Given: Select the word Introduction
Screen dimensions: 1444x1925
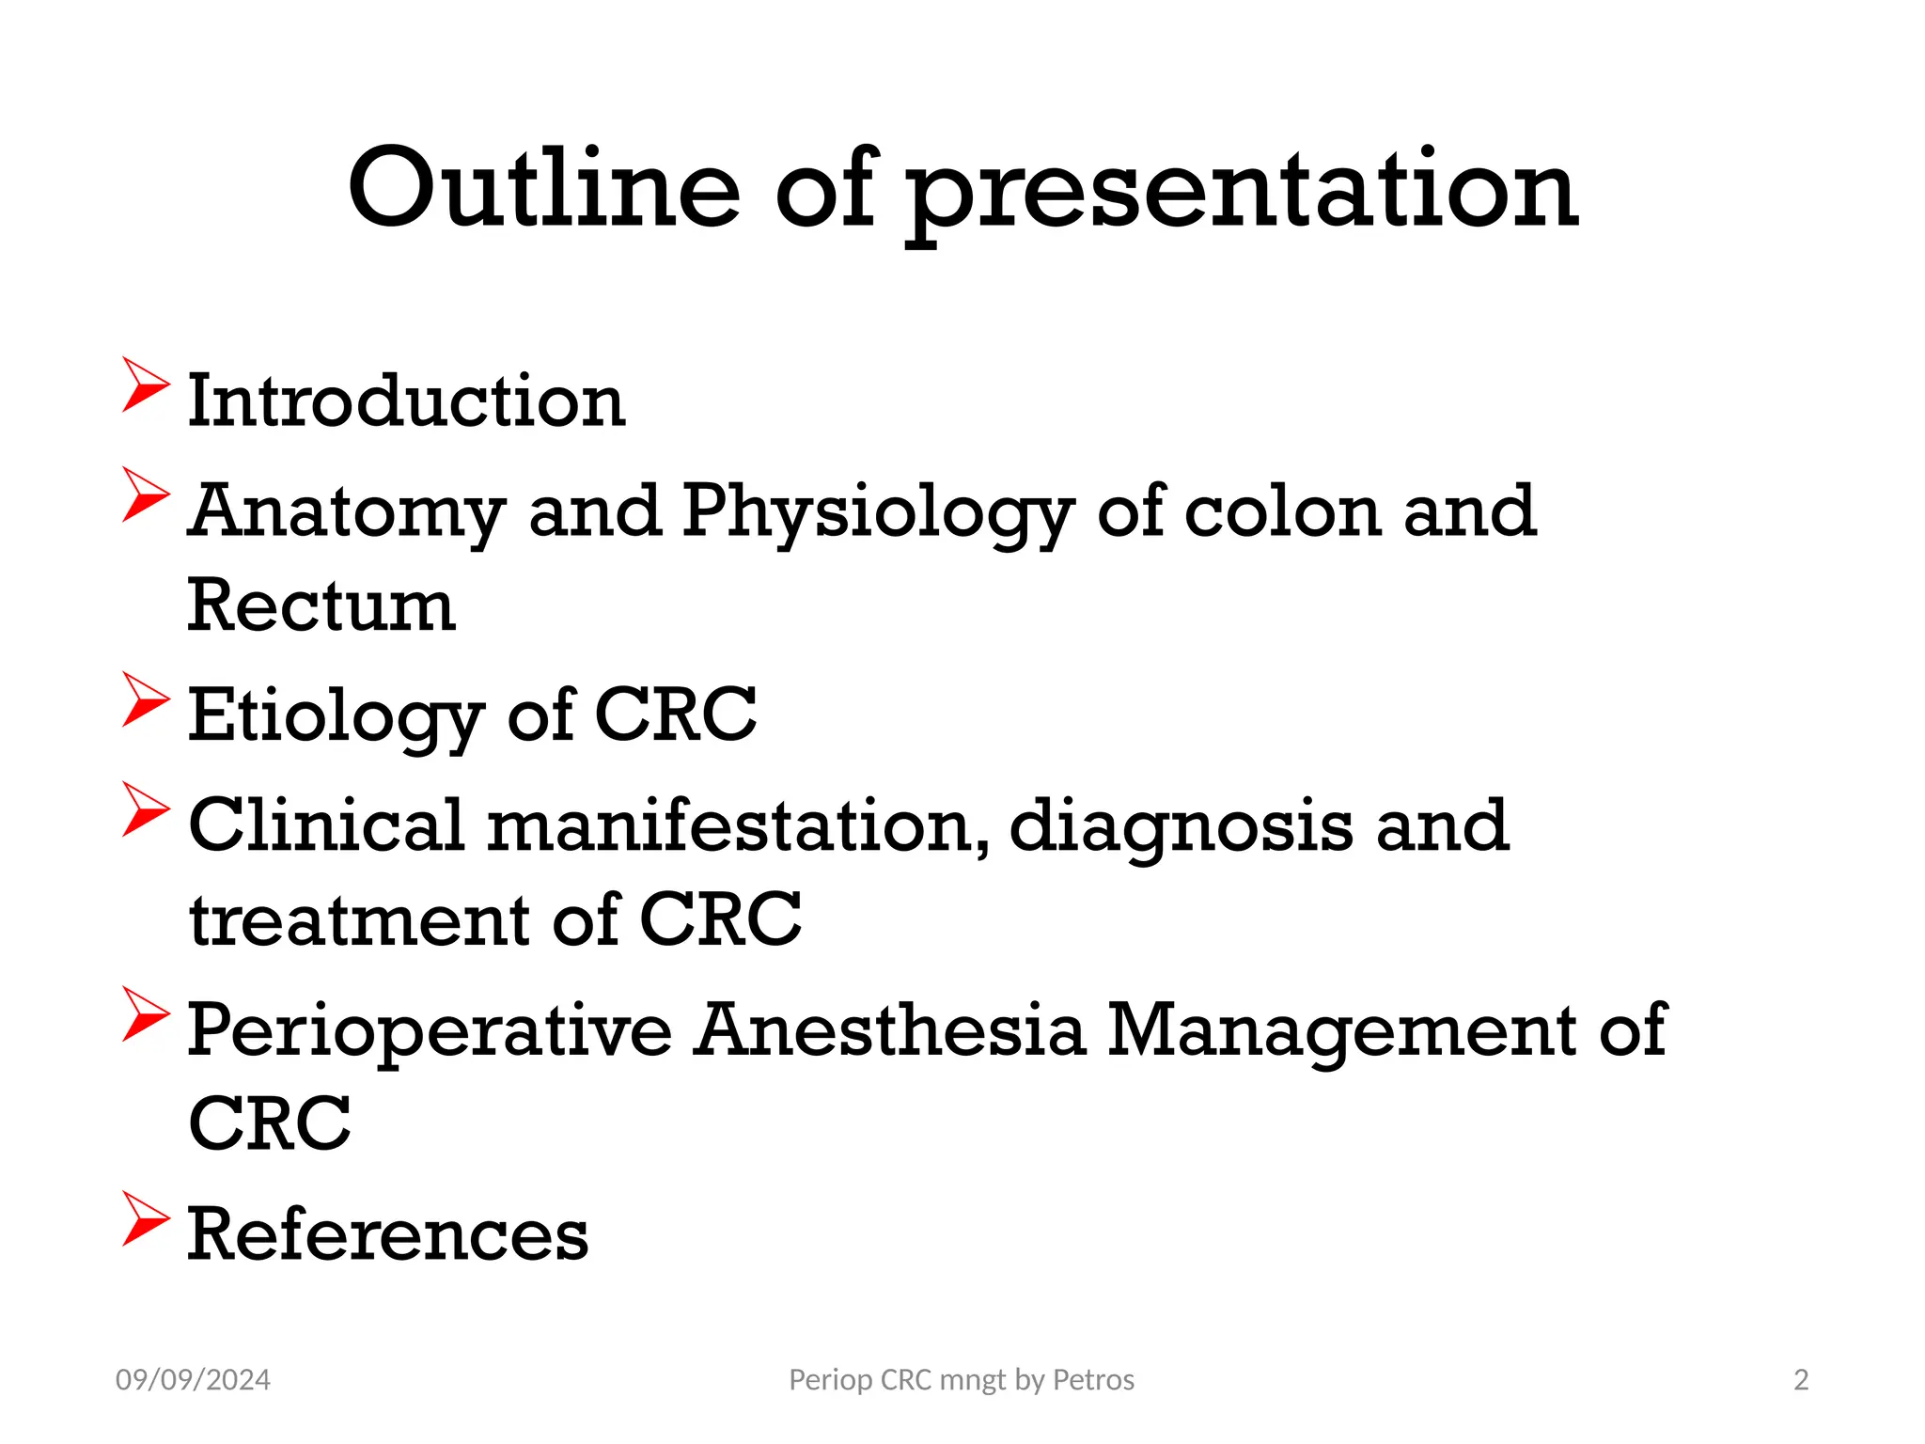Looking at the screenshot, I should pyautogui.click(x=406, y=401).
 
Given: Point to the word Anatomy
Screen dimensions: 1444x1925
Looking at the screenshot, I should pyautogui.click(x=346, y=512).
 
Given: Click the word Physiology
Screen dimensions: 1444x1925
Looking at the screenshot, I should pyautogui.click(x=878, y=512).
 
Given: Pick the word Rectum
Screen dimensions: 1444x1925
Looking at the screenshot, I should pyautogui.click(x=321, y=605).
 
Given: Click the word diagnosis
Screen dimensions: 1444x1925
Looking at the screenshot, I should pyautogui.click(x=1181, y=827).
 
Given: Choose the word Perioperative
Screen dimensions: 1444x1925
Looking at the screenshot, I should pyautogui.click(x=430, y=1031).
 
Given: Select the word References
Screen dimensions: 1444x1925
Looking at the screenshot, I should pyautogui.click(x=387, y=1234).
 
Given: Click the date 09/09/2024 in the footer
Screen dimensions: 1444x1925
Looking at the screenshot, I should pyautogui.click(x=193, y=1380).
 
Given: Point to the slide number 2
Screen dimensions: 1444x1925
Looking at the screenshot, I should pyautogui.click(x=1801, y=1380).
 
